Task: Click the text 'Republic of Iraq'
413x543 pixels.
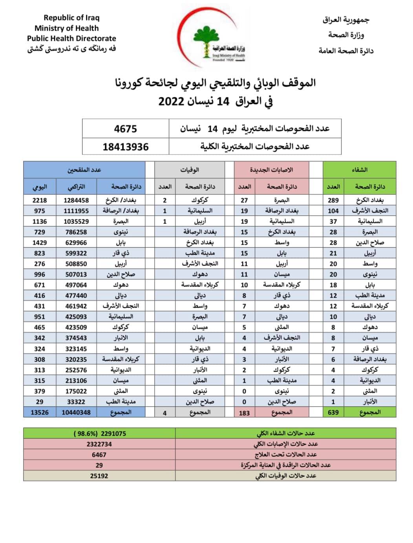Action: click(x=71, y=18)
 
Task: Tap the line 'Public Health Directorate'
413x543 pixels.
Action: click(x=71, y=38)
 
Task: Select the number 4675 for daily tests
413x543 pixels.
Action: click(x=125, y=129)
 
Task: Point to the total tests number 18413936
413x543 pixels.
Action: click(x=125, y=147)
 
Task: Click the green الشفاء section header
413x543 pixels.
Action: click(x=359, y=170)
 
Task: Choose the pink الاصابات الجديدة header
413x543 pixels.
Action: click(x=271, y=170)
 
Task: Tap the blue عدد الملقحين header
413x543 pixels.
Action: click(x=84, y=170)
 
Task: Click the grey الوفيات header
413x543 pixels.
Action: click(x=190, y=170)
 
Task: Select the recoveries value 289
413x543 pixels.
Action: click(x=333, y=200)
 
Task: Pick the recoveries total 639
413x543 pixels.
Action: click(x=333, y=412)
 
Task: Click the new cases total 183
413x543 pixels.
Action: click(x=244, y=413)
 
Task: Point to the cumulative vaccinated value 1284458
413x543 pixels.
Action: click(x=76, y=200)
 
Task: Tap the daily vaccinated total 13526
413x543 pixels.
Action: click(x=40, y=412)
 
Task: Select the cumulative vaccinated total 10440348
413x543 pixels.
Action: click(x=76, y=412)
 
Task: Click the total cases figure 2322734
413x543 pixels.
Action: click(x=99, y=444)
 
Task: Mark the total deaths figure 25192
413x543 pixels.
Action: click(x=99, y=476)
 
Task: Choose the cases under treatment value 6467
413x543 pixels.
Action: click(x=99, y=455)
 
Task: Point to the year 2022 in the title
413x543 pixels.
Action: click(x=171, y=101)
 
